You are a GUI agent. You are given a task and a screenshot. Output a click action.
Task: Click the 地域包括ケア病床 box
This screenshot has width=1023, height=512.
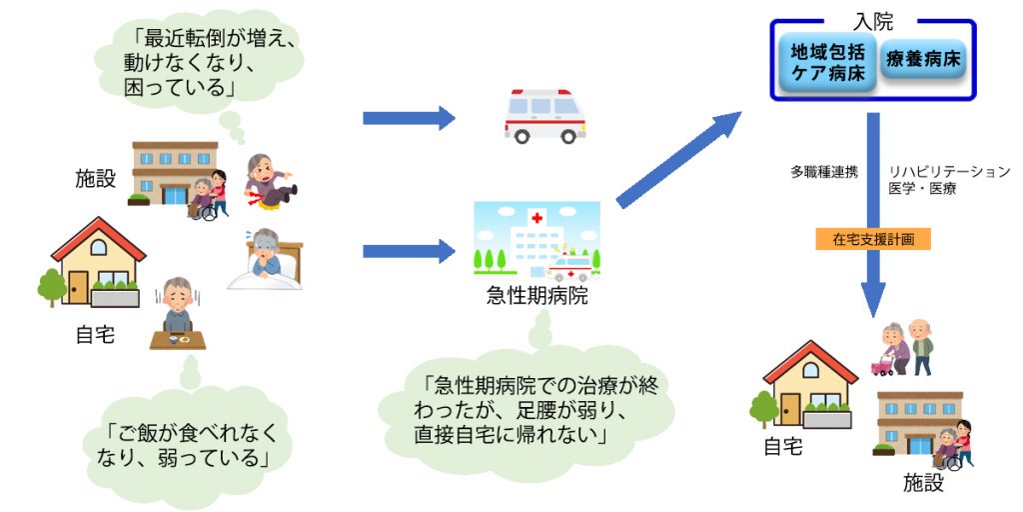click(x=826, y=61)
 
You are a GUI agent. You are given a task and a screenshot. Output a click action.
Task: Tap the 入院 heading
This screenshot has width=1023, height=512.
click(x=872, y=22)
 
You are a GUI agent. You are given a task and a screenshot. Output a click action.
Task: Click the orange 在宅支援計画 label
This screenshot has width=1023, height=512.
click(x=873, y=240)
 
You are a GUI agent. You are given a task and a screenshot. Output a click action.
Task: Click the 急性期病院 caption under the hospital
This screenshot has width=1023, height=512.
click(x=536, y=297)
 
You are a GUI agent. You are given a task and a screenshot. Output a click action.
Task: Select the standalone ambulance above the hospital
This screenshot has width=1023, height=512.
click(x=544, y=116)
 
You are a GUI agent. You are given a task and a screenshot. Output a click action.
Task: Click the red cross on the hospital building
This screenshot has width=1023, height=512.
click(x=536, y=217)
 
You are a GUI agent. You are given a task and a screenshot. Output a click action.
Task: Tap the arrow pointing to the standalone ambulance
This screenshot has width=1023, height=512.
click(x=409, y=118)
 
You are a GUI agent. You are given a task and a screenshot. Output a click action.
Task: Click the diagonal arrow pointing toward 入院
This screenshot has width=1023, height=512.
click(x=678, y=159)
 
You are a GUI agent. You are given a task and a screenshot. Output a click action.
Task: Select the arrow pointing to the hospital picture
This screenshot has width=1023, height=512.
click(x=409, y=251)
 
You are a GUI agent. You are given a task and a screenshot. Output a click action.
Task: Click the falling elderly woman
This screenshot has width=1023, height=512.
click(x=270, y=181)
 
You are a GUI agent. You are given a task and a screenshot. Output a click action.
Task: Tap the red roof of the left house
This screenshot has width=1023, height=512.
click(x=99, y=237)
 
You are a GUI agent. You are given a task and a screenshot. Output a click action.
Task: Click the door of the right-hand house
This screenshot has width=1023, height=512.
click(x=790, y=409)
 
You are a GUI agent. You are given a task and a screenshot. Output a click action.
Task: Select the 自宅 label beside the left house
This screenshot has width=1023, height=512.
click(x=95, y=335)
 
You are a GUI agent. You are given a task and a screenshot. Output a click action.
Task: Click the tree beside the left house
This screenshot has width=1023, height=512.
click(x=52, y=287)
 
